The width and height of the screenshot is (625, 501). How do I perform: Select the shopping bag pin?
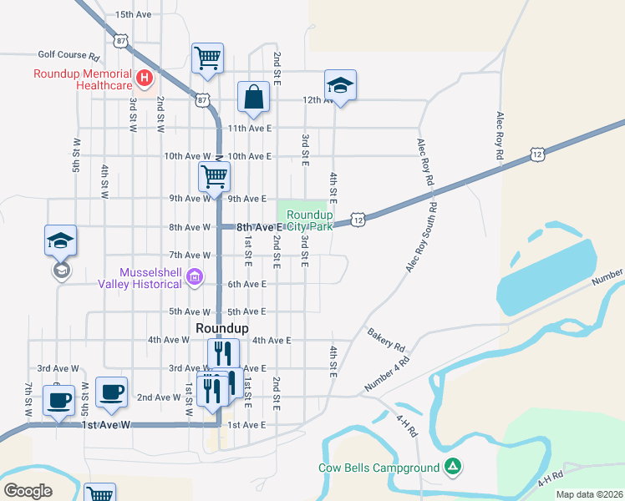click(x=253, y=97)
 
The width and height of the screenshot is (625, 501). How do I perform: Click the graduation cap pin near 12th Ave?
click(x=340, y=85)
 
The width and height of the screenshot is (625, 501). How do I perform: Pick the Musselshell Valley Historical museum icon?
click(x=195, y=276)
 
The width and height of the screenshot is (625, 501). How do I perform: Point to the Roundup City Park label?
click(x=310, y=220)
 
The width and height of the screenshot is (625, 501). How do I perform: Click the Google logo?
click(x=28, y=491)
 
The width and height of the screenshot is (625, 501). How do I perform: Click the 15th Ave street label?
click(x=134, y=15)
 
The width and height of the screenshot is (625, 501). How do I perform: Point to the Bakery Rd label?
click(x=386, y=339)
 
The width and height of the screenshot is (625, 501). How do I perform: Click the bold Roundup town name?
click(x=221, y=328)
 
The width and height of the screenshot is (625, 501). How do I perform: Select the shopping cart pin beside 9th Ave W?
click(x=214, y=178)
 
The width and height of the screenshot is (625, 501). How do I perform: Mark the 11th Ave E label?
click(x=250, y=128)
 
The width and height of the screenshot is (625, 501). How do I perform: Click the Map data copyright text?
click(x=589, y=494)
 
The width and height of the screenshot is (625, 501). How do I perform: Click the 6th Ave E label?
click(x=246, y=284)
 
